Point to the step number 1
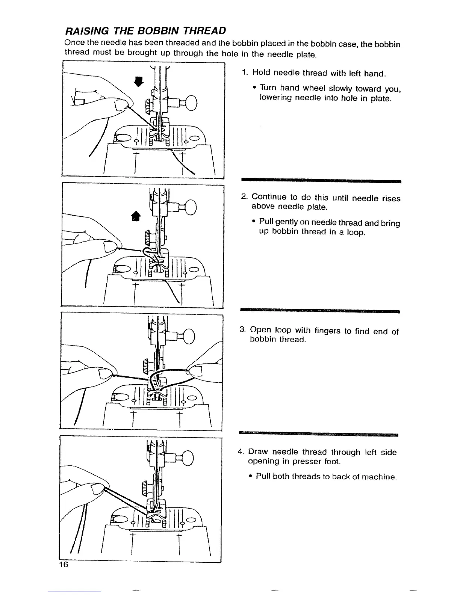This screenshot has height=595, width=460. pos(244,72)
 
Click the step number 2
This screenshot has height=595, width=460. pos(244,197)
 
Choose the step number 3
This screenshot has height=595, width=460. pos(242,330)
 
